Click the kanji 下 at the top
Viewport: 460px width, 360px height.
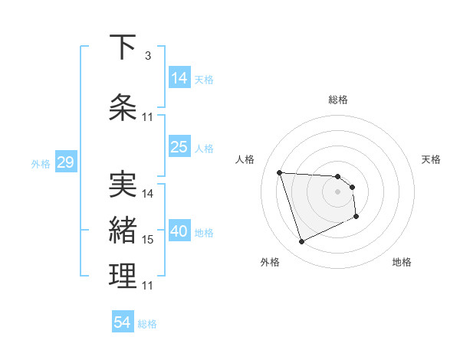tap(123, 47)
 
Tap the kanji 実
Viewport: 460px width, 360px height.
tap(123, 184)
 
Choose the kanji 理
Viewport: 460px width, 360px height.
tap(123, 277)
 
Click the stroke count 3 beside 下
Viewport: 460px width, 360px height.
tap(147, 55)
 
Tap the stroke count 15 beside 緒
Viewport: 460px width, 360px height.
tap(148, 240)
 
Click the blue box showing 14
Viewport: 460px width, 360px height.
tap(179, 77)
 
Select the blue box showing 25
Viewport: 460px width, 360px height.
tap(179, 147)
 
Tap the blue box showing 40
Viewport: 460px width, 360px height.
tap(179, 232)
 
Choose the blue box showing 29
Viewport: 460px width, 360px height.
tap(65, 162)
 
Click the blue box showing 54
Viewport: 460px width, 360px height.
tap(123, 322)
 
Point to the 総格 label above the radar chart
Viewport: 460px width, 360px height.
tap(338, 100)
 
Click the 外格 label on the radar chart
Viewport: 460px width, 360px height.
tap(270, 263)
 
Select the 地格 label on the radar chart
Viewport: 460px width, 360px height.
tap(402, 263)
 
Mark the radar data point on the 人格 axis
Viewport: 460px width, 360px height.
tap(280, 172)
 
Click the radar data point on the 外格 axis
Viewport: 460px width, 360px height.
tap(301, 242)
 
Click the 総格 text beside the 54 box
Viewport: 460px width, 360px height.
tap(147, 324)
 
